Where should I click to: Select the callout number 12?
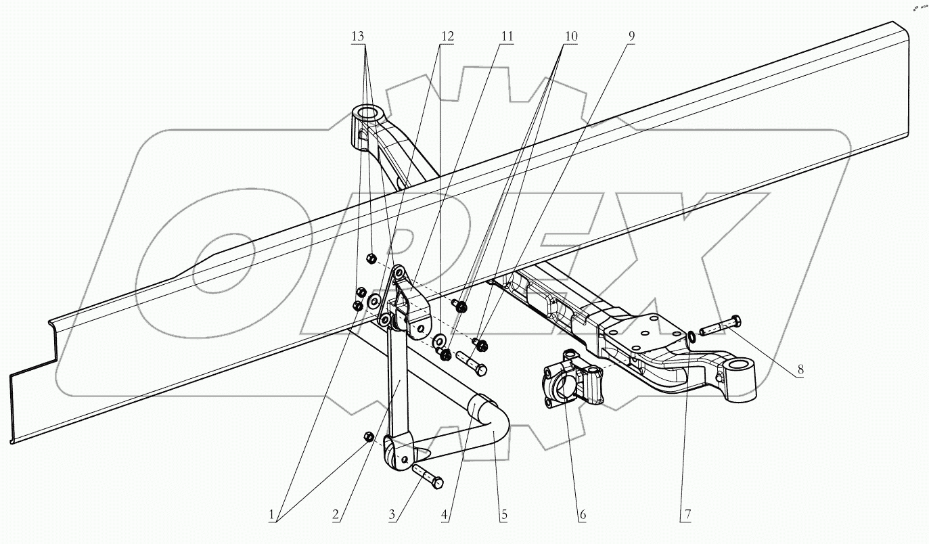click(x=445, y=36)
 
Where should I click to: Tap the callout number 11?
click(x=507, y=36)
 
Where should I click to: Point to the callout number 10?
click(x=570, y=36)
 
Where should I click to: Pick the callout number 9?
click(x=630, y=36)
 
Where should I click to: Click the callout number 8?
click(x=800, y=369)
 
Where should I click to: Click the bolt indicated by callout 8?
click(x=722, y=327)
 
